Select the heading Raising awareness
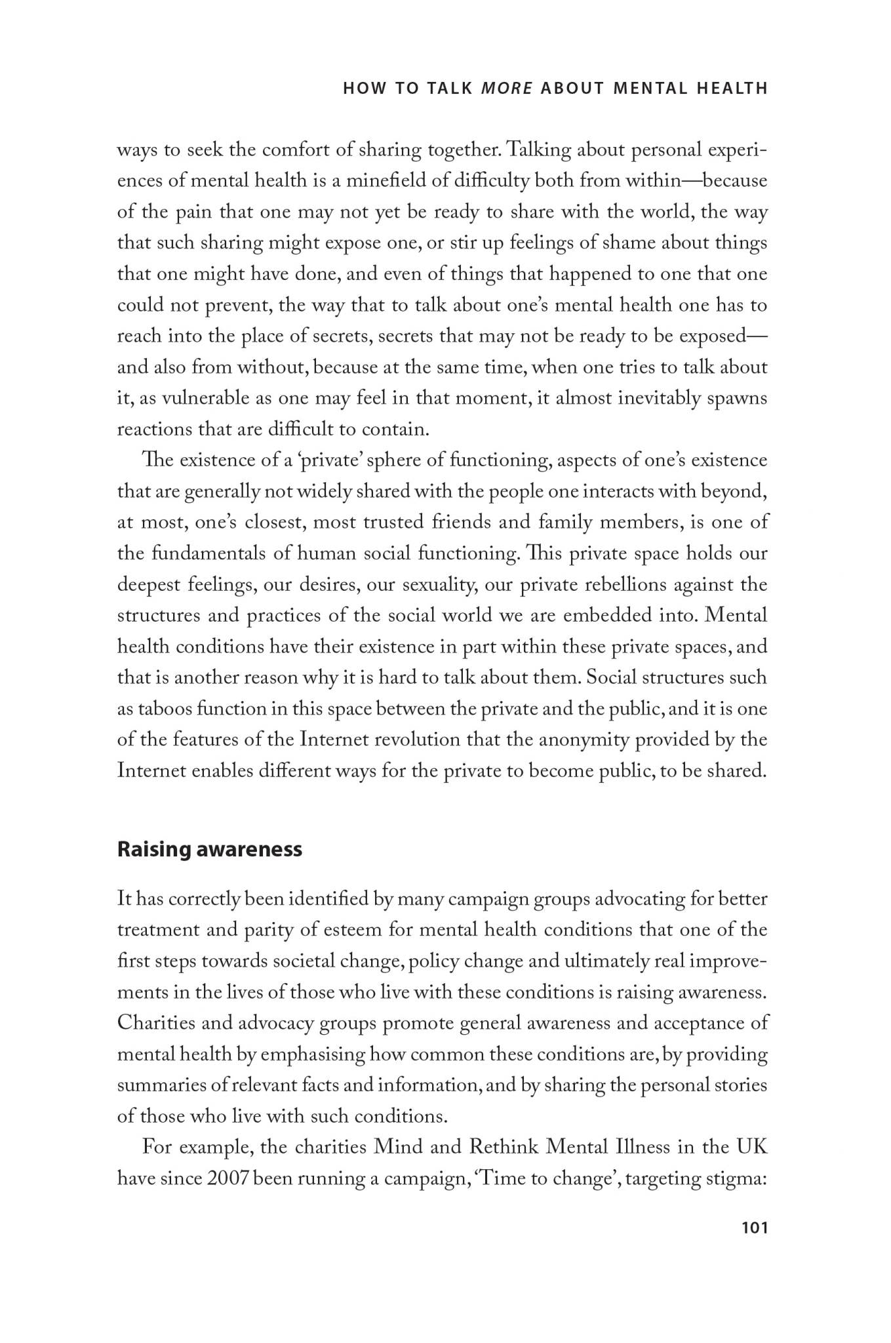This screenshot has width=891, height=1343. click(209, 849)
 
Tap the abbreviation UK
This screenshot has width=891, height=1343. click(751, 1148)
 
